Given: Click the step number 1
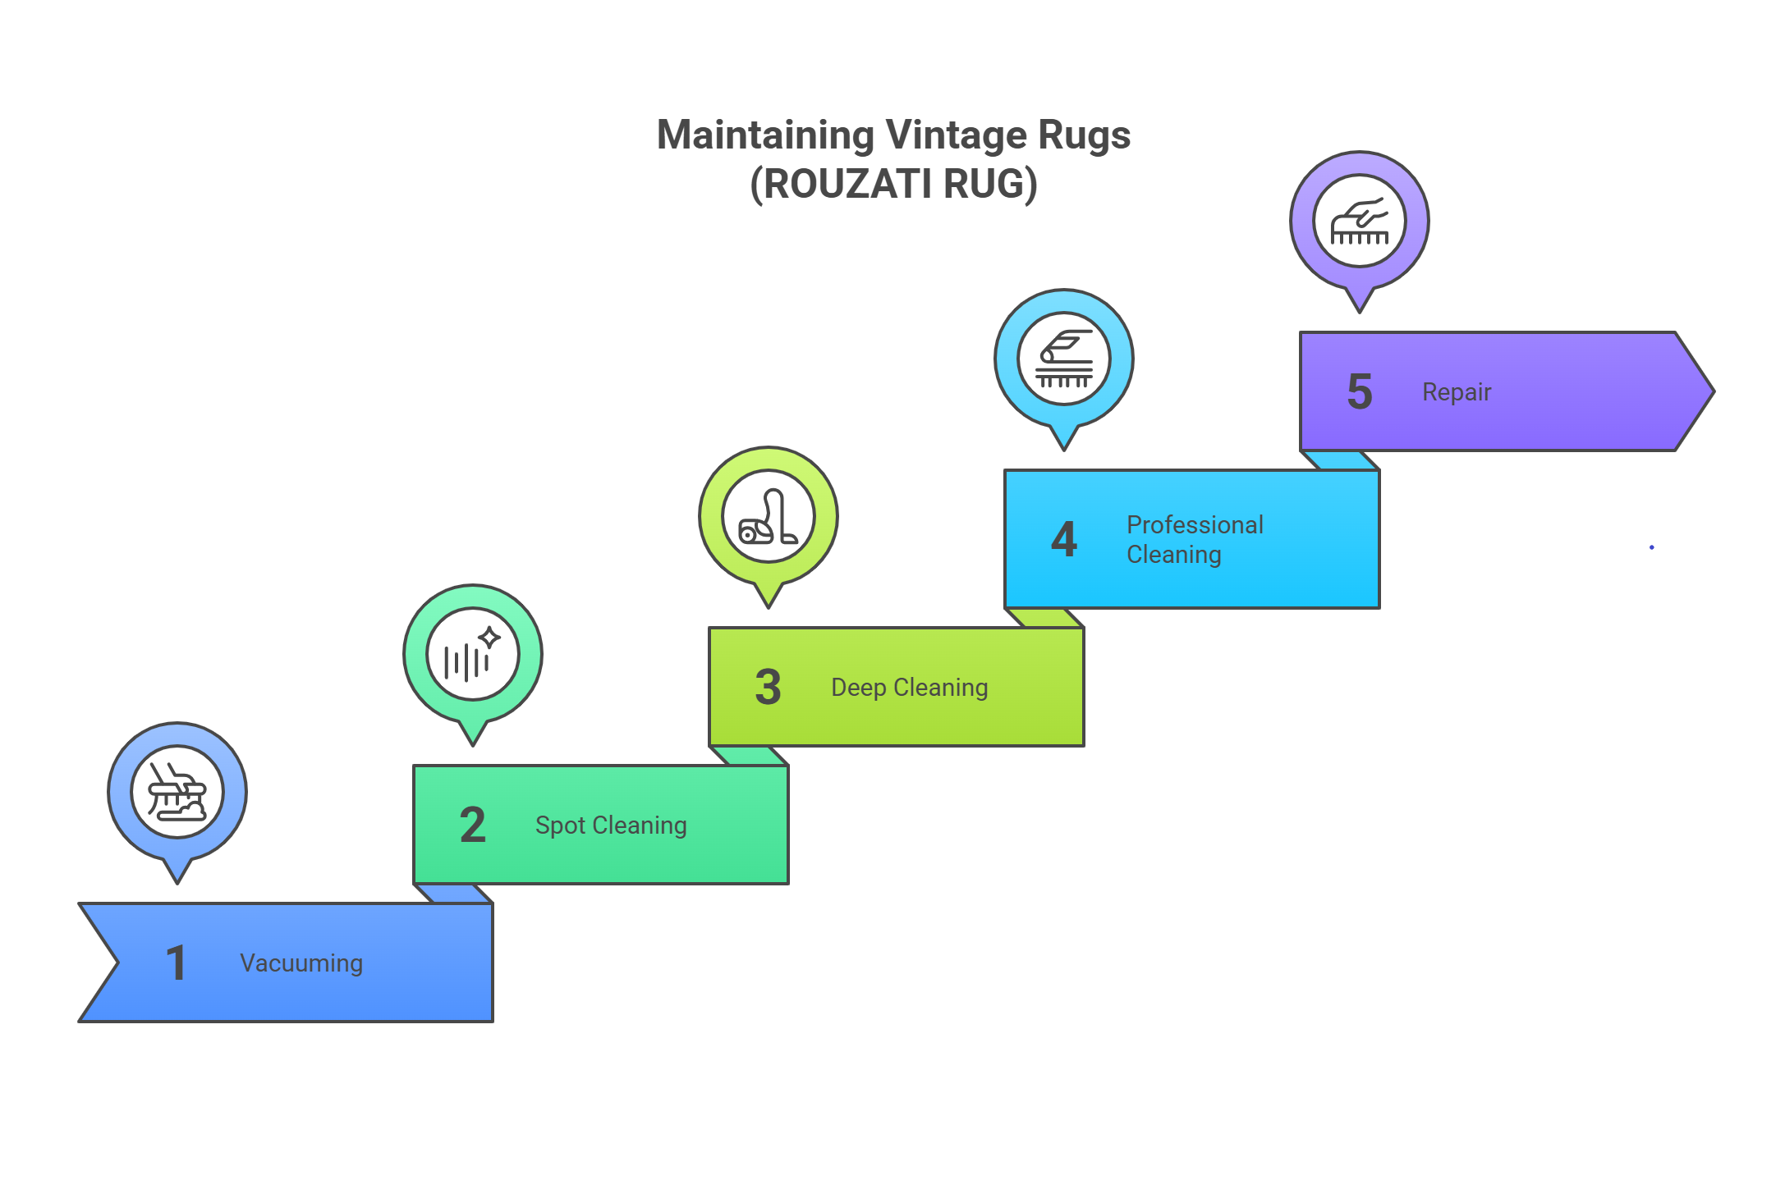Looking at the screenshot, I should point(176,963).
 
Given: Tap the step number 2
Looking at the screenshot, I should point(473,825).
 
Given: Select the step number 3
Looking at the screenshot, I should point(769,687).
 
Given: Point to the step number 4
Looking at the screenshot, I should point(1064,539).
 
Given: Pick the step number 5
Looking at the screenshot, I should point(1360,391).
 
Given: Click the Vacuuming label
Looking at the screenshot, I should point(301,963).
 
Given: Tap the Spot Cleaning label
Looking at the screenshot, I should point(611,825).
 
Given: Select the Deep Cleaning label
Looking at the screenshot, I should point(909,687).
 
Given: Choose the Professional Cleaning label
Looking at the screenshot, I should point(1195,539).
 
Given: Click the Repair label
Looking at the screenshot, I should point(1457,391).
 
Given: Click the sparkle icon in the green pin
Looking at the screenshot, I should point(473,655).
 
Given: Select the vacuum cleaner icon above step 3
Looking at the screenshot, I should point(769,517).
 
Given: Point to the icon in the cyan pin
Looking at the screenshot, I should point(1064,359).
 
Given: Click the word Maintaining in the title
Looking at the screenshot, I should point(765,135).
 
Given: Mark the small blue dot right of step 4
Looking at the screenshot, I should point(1652,547).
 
